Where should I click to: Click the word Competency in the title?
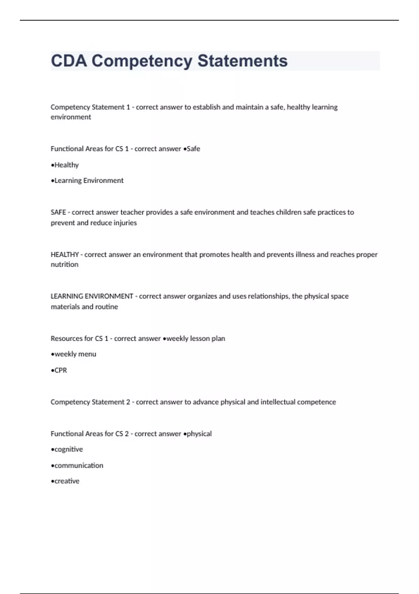point(141,61)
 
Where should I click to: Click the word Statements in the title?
point(243,61)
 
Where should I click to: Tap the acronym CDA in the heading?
point(69,61)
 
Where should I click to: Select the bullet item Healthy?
point(66,165)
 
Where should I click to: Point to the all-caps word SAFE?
point(58,212)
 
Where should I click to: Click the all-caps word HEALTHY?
point(65,254)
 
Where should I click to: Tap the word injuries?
point(125,223)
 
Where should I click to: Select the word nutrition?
point(65,265)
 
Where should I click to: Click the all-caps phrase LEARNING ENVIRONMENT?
point(92,296)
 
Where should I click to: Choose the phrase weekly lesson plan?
point(196,338)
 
